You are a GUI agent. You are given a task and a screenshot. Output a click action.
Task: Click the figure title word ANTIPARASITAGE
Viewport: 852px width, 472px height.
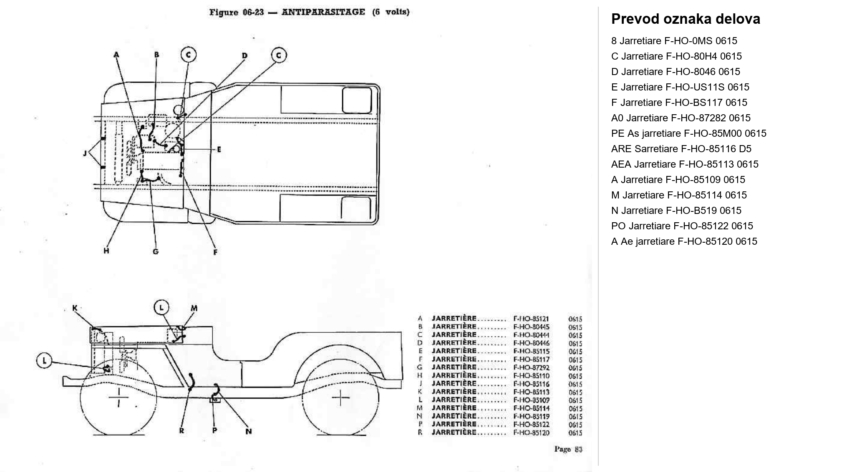pos(323,12)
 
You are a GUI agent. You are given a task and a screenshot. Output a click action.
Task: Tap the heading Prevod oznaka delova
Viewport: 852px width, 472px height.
pos(686,19)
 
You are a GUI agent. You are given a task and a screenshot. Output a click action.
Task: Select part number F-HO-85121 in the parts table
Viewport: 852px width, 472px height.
pos(531,319)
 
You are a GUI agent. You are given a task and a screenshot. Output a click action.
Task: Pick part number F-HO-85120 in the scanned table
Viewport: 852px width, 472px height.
pos(531,433)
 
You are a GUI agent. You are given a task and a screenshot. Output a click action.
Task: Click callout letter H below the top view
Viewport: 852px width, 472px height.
pos(106,251)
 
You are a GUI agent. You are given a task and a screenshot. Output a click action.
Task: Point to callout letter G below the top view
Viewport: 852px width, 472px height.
pos(156,251)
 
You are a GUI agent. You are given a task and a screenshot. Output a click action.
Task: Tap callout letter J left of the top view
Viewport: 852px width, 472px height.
pos(85,153)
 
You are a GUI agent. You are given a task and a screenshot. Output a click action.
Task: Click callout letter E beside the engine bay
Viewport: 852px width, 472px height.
pos(219,149)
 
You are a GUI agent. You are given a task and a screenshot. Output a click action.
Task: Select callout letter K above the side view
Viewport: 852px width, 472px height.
pos(75,308)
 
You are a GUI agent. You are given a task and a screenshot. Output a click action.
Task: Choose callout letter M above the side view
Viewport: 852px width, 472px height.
pos(194,309)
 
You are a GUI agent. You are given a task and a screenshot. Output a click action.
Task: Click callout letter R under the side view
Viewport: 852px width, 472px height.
pos(181,431)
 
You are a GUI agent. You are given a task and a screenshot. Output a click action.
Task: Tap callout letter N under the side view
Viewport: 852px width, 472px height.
pos(248,431)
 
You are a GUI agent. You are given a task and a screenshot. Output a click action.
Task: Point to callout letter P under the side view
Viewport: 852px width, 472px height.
pos(214,430)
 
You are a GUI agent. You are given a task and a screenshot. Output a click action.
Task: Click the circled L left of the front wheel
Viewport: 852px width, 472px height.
pos(45,361)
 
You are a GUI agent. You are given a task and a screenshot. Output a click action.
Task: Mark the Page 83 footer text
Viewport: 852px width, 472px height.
pos(568,449)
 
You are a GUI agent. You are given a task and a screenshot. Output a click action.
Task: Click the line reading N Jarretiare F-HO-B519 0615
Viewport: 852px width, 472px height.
pos(676,211)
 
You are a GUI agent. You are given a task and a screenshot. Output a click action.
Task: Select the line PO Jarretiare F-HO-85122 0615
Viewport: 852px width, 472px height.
pos(682,226)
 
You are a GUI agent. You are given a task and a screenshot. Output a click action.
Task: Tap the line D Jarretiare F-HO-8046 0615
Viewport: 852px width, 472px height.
pos(676,72)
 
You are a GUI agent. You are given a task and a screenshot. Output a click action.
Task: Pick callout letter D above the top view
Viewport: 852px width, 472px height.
pos(245,55)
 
